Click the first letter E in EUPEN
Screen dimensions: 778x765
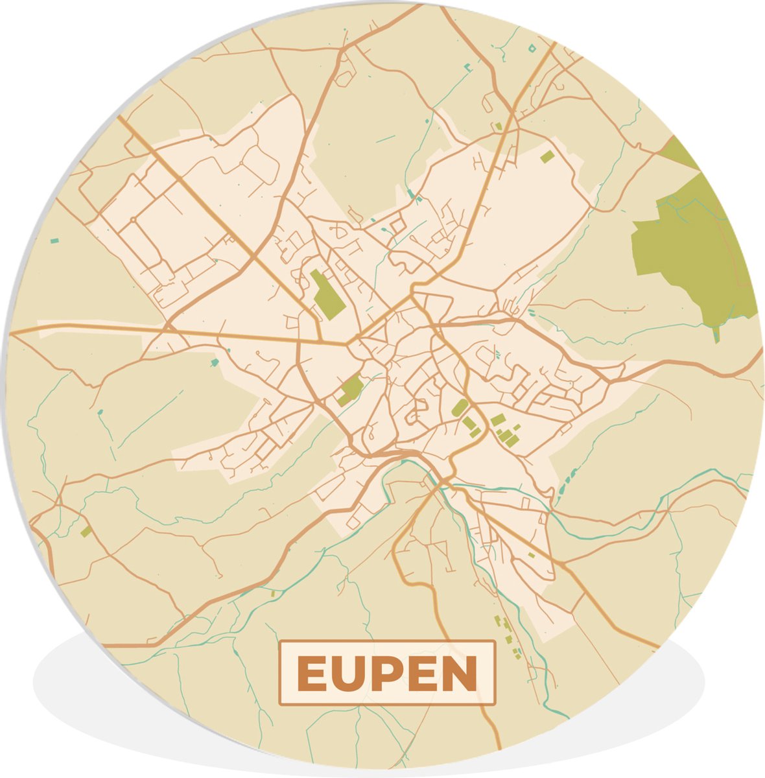click(311, 674)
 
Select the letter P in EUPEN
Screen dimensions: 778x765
click(386, 674)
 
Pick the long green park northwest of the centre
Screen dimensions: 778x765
click(327, 294)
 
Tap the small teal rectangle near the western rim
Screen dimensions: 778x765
click(54, 241)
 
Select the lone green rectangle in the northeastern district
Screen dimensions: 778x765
click(547, 156)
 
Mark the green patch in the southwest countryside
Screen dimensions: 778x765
click(86, 532)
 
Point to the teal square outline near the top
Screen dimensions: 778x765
click(532, 47)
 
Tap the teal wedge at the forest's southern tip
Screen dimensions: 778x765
click(716, 335)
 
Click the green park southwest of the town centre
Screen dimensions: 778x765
click(351, 389)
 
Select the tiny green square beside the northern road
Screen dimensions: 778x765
click(498, 126)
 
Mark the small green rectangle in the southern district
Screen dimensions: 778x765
click(531, 555)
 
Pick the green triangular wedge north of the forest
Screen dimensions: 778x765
click(681, 152)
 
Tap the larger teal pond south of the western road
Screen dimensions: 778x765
click(215, 361)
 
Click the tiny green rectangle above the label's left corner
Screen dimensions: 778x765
click(273, 593)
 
